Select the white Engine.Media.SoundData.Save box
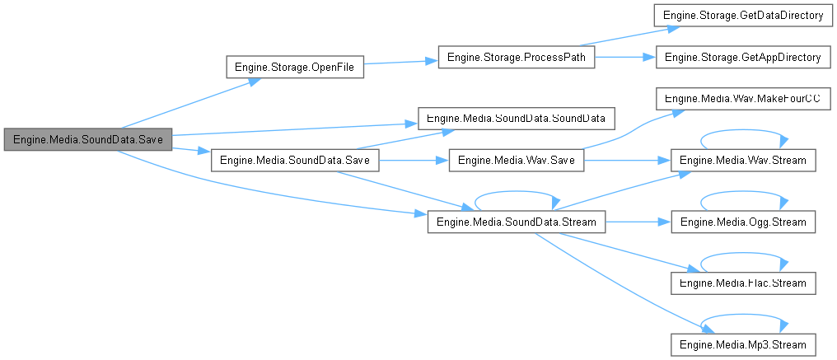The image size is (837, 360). [x=295, y=160]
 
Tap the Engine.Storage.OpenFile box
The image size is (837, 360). [x=295, y=68]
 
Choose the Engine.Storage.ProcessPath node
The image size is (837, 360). [x=517, y=58]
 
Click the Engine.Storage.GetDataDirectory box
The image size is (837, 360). [x=742, y=16]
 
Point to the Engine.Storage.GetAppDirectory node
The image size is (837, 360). [x=742, y=58]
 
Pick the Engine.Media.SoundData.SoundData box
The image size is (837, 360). [x=517, y=118]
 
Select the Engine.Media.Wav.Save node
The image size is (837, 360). [x=516, y=160]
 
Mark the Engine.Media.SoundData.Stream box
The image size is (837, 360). [x=517, y=222]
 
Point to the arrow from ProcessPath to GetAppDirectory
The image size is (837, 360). [x=624, y=58]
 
